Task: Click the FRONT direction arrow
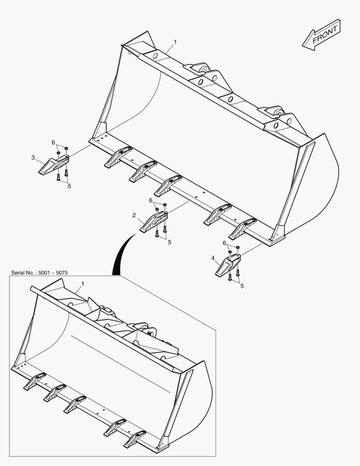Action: [321, 35]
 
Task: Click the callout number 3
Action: [33, 158]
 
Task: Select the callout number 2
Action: [134, 215]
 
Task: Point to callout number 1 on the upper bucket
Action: [175, 42]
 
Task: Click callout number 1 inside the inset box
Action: [83, 284]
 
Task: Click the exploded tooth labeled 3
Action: [53, 165]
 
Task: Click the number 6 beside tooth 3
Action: [53, 142]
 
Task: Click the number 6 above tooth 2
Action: [150, 200]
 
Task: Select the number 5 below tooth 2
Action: [169, 242]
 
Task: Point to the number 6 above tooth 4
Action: [224, 243]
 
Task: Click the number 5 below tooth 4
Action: [242, 286]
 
